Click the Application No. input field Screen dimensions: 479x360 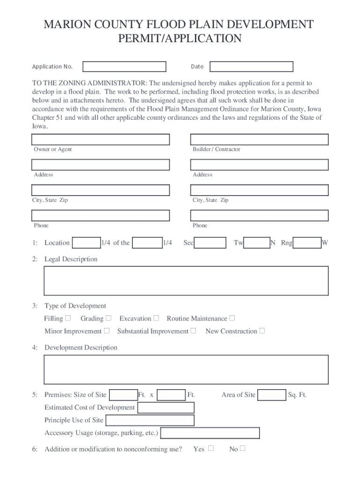pyautogui.click(x=124, y=66)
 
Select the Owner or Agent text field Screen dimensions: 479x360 pyautogui.click(x=101, y=139)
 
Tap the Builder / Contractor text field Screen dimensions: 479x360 pyautogui.click(x=259, y=139)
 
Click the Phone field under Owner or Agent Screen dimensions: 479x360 pyautogui.click(x=101, y=215)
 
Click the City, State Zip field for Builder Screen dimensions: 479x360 pyautogui.click(x=259, y=190)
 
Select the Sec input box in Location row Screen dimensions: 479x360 pyautogui.click(x=210, y=243)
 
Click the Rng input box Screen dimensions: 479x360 pyautogui.click(x=307, y=243)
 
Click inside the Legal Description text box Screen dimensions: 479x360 pyautogui.click(x=186, y=281)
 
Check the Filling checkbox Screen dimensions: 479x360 pyautogui.click(x=68, y=319)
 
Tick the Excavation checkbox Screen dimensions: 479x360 pyautogui.click(x=157, y=319)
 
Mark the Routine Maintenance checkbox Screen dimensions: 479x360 pyautogui.click(x=232, y=319)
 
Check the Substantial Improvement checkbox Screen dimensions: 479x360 pyautogui.click(x=194, y=331)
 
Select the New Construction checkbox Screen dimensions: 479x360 pyautogui.click(x=262, y=331)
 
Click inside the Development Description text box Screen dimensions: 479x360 pyautogui.click(x=186, y=369)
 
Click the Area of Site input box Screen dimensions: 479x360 pyautogui.click(x=272, y=395)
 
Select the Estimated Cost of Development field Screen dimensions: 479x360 pyautogui.click(x=166, y=407)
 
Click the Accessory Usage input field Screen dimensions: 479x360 pyautogui.click(x=210, y=433)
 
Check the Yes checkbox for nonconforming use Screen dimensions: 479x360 pyautogui.click(x=211, y=449)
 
